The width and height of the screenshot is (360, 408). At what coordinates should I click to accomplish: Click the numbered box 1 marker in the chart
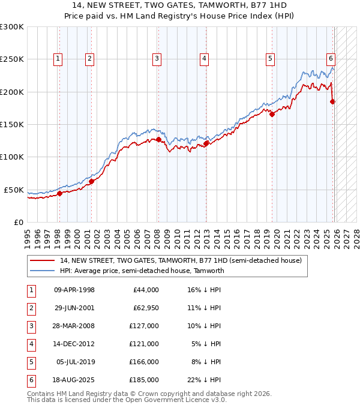point(58,59)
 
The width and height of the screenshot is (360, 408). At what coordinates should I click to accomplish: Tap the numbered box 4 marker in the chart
point(204,59)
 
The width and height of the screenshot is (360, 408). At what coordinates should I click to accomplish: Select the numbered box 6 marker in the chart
point(331,59)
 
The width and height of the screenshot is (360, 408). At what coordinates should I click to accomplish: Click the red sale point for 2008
point(158,140)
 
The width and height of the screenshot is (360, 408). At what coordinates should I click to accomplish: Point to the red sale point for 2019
point(272,115)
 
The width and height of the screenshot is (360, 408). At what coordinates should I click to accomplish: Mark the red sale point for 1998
point(59,193)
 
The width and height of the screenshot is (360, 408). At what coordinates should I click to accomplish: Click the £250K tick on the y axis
point(12,59)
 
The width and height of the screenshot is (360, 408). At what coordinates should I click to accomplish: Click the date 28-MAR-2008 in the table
point(74,326)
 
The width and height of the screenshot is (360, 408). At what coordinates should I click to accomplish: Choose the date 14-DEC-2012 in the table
point(74,344)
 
